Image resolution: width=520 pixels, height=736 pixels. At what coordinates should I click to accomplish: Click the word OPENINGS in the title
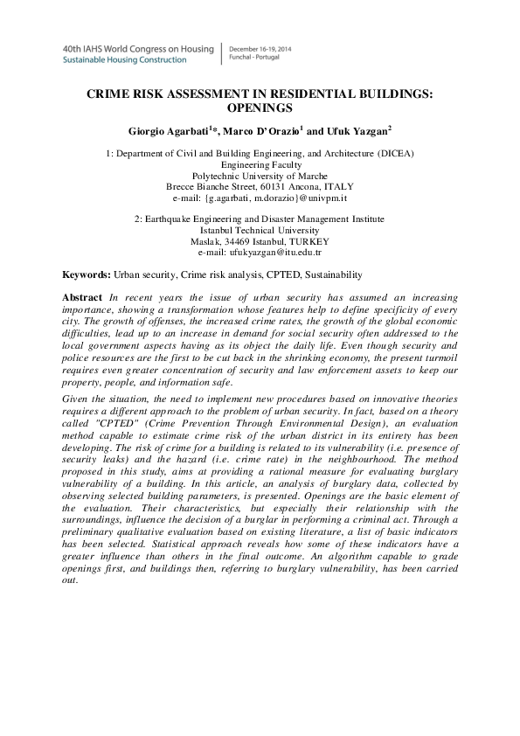(259, 108)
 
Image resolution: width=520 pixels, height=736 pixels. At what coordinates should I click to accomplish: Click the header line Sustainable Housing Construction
(124, 60)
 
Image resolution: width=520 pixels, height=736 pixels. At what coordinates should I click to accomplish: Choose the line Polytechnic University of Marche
(260, 175)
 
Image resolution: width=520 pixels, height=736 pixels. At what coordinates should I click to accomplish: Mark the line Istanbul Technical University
(260, 230)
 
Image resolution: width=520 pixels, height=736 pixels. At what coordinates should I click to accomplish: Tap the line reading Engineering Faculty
(260, 163)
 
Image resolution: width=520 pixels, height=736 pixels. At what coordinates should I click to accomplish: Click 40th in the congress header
(72, 49)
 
